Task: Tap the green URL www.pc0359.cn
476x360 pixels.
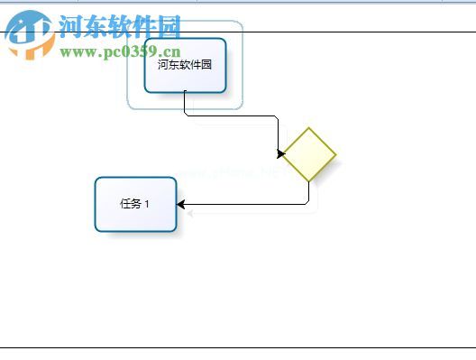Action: pos(121,52)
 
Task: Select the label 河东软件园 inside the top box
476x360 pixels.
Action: pos(184,65)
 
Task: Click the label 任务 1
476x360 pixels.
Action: pos(135,204)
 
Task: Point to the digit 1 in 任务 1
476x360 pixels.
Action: pos(147,204)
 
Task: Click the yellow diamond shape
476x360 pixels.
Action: pos(309,154)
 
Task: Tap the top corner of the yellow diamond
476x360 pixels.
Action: pos(309,129)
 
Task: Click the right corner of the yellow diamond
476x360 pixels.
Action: pos(335,154)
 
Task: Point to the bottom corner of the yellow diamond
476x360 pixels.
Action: pos(309,180)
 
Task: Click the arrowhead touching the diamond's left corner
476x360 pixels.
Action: pos(280,154)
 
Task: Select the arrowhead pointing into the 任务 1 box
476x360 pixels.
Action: pos(181,205)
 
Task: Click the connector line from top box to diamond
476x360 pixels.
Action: pos(234,115)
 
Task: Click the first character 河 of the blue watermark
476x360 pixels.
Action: pos(70,27)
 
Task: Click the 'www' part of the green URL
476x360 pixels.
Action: pos(76,52)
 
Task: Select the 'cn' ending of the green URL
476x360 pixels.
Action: pos(172,52)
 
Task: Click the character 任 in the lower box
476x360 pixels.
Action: pos(125,204)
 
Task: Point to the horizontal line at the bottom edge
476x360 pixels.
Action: pos(238,347)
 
